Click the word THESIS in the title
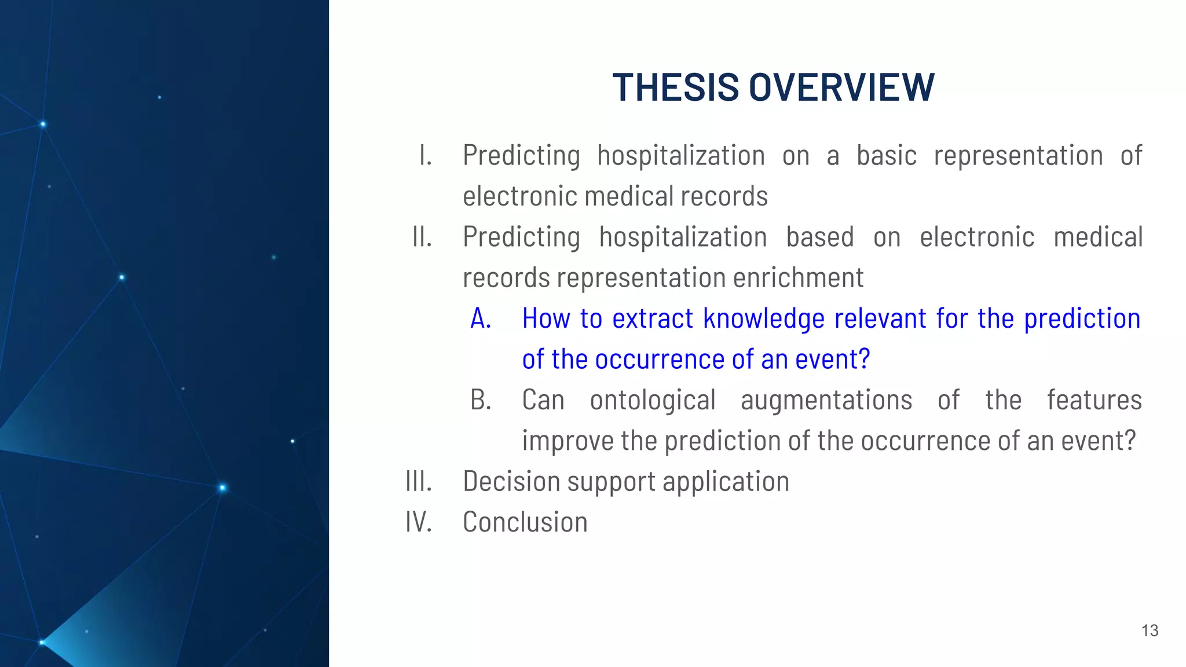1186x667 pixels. coord(675,88)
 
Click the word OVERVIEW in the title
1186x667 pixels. coord(841,88)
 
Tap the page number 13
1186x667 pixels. coord(1150,631)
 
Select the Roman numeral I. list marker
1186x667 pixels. coord(426,156)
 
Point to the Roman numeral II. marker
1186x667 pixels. coord(422,237)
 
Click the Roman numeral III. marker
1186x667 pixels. coord(419,482)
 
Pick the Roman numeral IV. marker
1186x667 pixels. coord(419,522)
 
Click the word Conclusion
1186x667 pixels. coord(525,522)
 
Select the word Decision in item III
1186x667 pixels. coord(509,482)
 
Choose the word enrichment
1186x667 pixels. coord(798,278)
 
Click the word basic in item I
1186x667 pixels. coord(886,156)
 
